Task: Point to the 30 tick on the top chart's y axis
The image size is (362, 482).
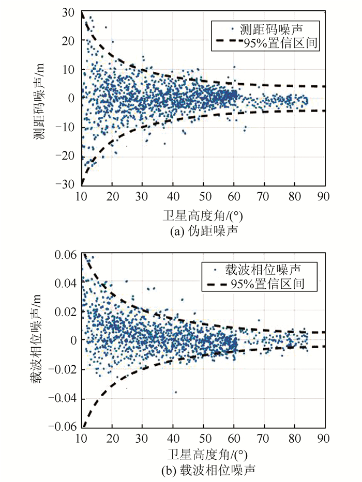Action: (x=68, y=11)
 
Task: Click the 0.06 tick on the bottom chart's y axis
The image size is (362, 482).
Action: (x=65, y=254)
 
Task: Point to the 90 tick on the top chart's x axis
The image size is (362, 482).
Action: (x=325, y=196)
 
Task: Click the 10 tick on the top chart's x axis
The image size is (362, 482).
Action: (x=81, y=196)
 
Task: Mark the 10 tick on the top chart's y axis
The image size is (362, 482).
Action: (x=68, y=69)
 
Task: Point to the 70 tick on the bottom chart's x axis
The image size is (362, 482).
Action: (x=264, y=438)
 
